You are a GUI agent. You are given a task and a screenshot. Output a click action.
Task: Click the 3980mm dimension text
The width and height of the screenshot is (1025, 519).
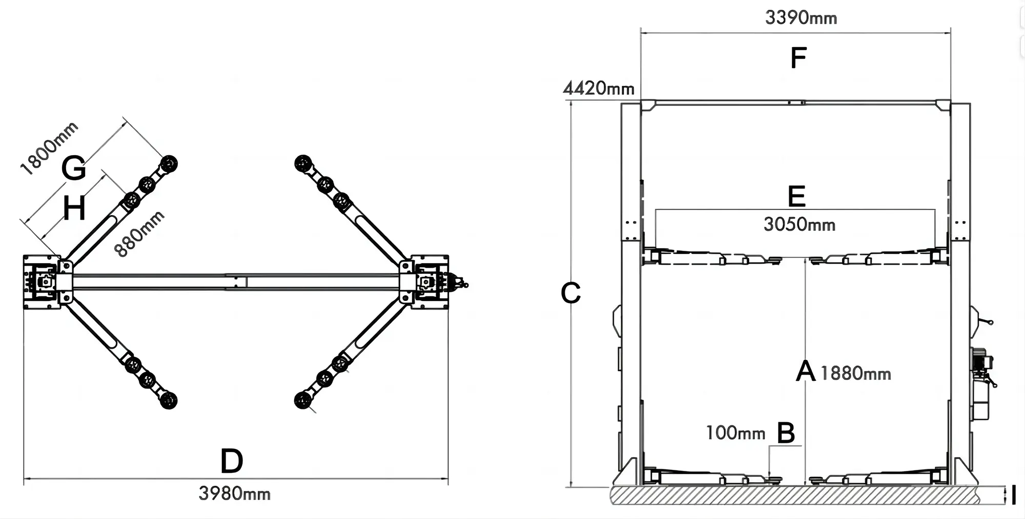pos(234,493)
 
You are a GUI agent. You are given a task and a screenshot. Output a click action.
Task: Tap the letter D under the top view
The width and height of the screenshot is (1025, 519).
pos(231,461)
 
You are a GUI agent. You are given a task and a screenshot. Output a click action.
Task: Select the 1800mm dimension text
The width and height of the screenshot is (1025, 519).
pos(49,148)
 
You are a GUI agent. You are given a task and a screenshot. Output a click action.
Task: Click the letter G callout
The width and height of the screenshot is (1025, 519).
pos(73,168)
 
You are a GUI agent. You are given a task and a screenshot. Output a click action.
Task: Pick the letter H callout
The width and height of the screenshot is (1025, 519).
pos(74,209)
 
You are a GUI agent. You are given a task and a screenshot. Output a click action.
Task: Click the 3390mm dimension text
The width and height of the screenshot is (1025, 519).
pos(801,18)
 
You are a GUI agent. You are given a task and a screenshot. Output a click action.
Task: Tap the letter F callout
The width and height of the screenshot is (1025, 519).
pos(798,58)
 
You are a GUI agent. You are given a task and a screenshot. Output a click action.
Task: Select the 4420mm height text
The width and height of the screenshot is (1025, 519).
pos(598,89)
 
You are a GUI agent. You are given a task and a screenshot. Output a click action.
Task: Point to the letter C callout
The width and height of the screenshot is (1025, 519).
pos(570,293)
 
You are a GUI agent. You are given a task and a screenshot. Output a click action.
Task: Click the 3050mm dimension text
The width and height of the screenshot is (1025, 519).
pos(799,224)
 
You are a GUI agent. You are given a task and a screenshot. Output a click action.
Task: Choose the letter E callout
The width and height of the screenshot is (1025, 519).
pos(796,197)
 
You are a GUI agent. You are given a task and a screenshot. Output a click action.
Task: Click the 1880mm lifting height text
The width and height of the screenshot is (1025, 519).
pos(855,373)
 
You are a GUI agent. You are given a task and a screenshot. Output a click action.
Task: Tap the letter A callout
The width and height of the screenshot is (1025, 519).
pos(805,371)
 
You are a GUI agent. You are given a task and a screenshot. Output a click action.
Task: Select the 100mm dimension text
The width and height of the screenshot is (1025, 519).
pos(735,433)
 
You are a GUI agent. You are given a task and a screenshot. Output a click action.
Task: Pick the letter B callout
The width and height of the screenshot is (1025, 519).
pos(786,433)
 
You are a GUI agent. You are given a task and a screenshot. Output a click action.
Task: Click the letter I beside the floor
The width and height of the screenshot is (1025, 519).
pos(1013,495)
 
